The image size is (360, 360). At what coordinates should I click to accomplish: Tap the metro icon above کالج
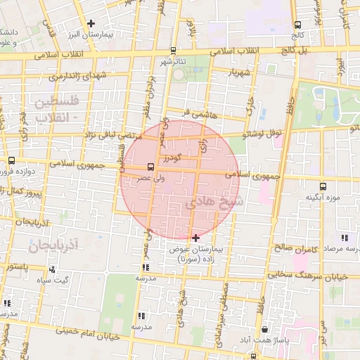(x=297, y=25)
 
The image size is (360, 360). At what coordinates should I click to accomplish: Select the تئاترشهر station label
(x=172, y=62)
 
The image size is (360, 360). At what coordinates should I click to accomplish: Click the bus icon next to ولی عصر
(x=150, y=167)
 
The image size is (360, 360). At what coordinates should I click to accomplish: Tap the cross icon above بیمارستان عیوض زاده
(x=195, y=238)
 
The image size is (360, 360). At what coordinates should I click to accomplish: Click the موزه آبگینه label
(x=323, y=198)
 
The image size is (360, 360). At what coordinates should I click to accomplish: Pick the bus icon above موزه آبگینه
(x=323, y=186)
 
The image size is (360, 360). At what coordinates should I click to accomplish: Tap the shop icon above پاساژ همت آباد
(x=264, y=328)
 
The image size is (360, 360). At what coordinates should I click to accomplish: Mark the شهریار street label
(x=240, y=72)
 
